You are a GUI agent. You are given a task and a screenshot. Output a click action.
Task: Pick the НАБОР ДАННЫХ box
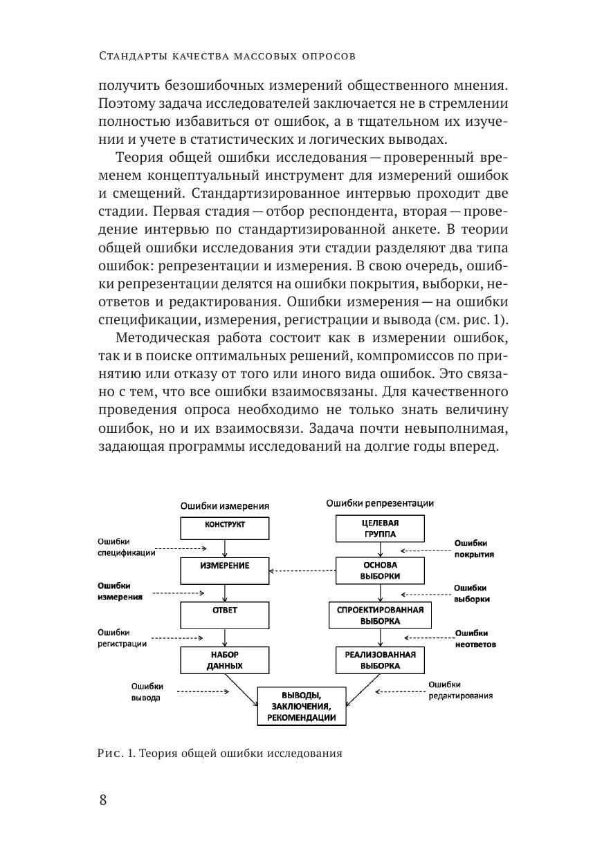pyautogui.click(x=225, y=660)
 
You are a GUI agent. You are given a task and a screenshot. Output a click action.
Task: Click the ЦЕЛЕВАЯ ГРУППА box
pyautogui.click(x=380, y=529)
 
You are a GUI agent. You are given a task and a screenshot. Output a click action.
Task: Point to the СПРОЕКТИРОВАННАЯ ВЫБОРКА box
pyautogui.click(x=380, y=615)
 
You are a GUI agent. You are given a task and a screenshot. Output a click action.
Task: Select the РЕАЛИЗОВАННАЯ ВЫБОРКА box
pyautogui.click(x=380, y=660)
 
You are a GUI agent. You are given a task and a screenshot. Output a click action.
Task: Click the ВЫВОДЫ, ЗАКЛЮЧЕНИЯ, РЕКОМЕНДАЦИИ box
pyautogui.click(x=302, y=706)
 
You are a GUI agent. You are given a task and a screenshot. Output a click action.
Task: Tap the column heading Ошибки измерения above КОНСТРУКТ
pyautogui.click(x=225, y=505)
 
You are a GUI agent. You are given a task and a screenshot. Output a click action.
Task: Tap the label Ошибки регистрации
pyautogui.click(x=122, y=637)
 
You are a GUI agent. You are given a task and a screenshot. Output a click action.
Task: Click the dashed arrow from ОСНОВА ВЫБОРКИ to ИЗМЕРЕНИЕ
pyautogui.click(x=302, y=570)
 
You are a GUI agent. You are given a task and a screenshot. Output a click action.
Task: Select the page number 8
pyautogui.click(x=103, y=801)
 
